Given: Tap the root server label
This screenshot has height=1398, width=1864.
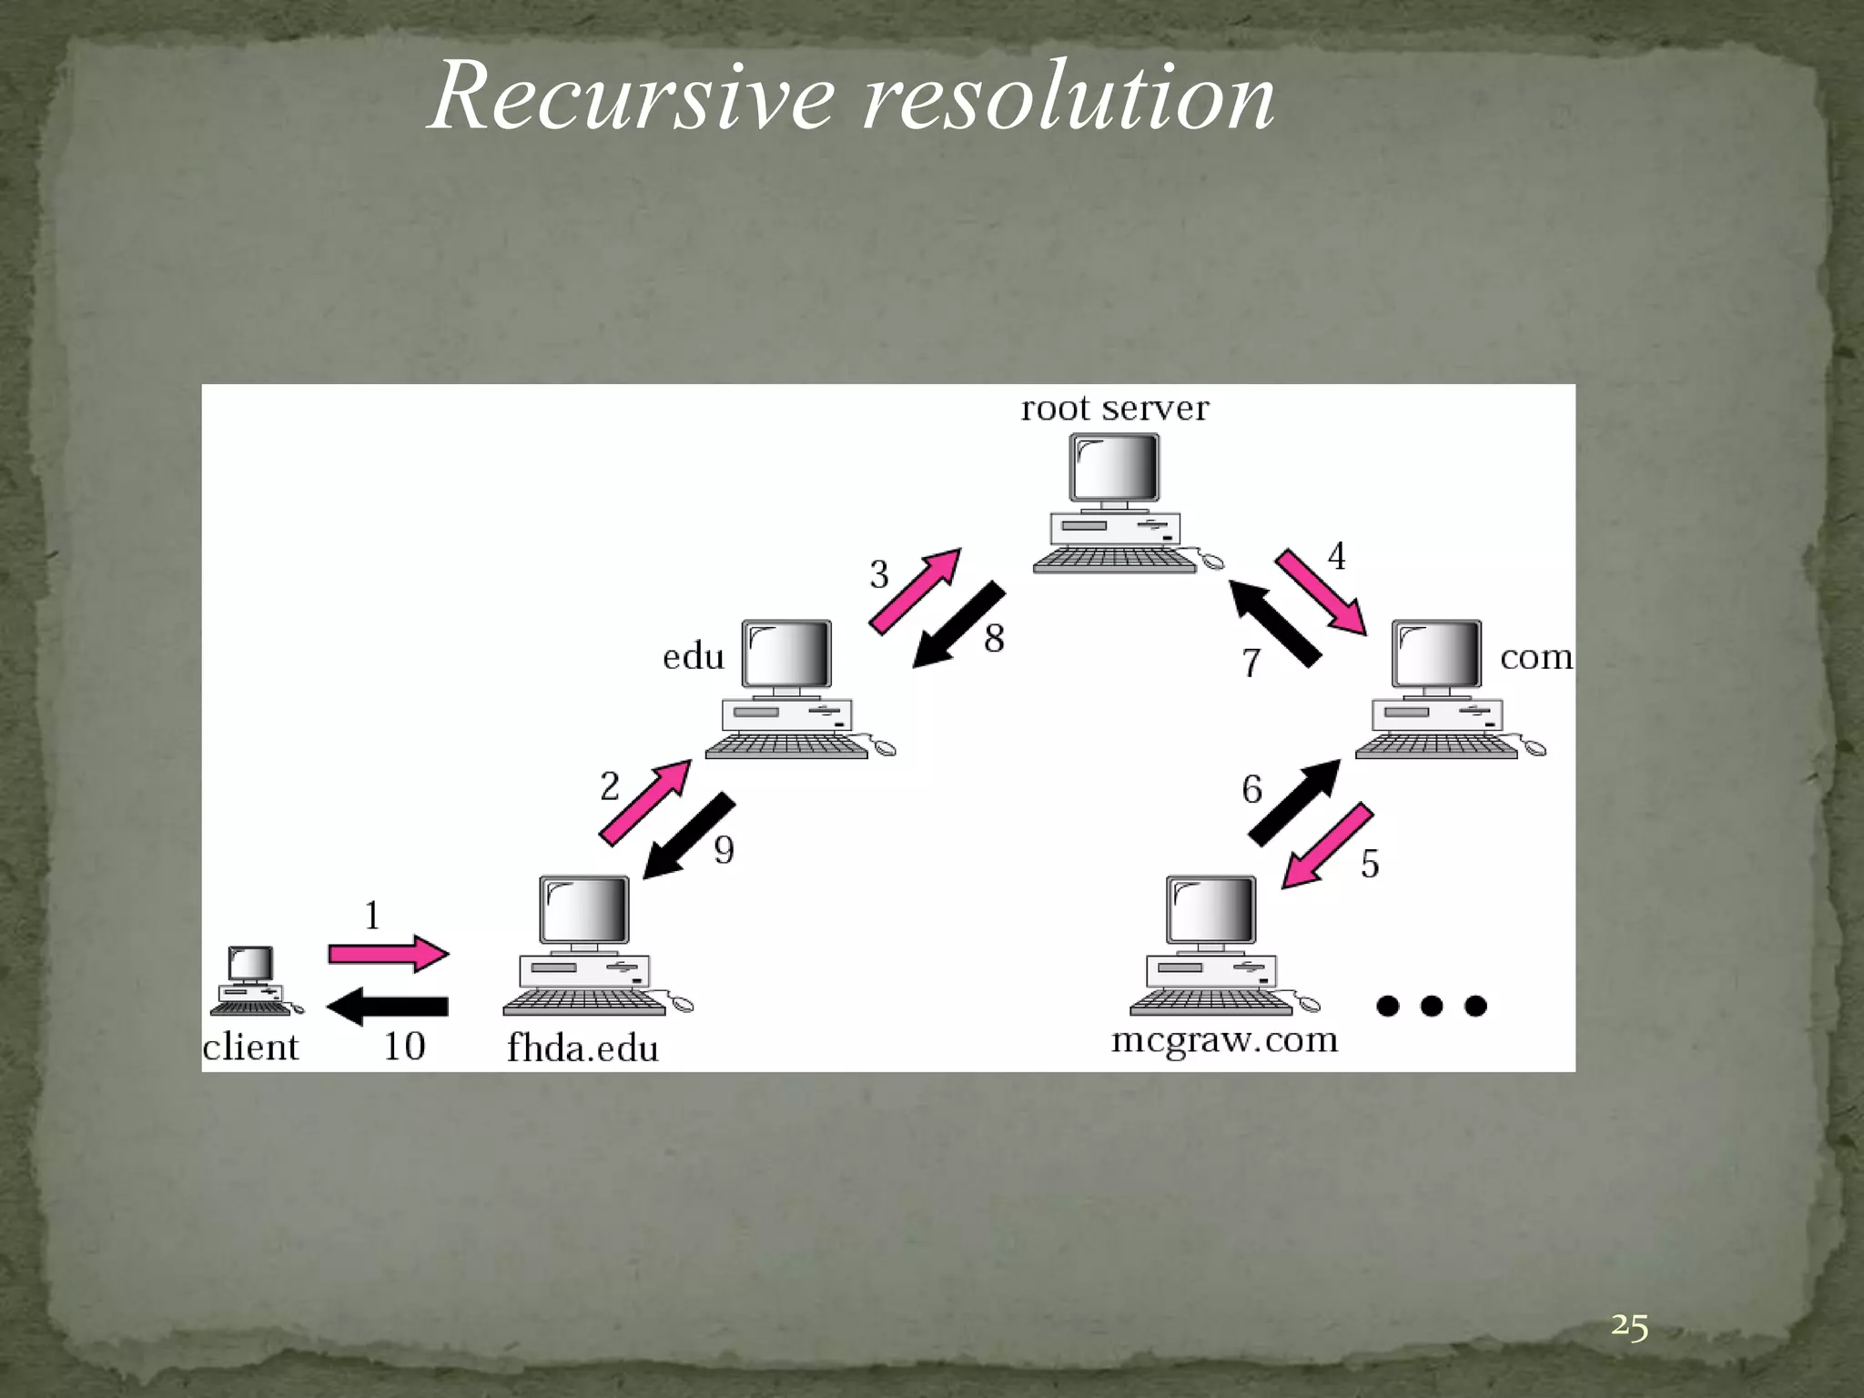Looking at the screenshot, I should tap(1115, 409).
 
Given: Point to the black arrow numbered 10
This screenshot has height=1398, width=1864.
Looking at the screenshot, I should tap(388, 1007).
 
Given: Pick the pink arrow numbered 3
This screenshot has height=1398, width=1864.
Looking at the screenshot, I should tap(915, 592).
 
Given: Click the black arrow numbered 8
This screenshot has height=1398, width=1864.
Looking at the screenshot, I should tap(959, 625).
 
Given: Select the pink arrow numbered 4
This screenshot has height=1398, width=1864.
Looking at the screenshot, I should tap(1321, 592).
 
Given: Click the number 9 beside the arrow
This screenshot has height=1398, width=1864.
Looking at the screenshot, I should tap(724, 850).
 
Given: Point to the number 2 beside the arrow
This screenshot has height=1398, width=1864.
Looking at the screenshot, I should tap(610, 786).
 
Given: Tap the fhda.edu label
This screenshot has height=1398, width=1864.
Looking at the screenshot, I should tap(582, 1048).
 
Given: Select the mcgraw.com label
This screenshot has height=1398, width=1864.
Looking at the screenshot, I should tap(1224, 1040).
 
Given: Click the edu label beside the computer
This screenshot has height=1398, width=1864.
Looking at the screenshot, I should tap(694, 657).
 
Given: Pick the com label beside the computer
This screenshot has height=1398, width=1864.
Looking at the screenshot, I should tap(1535, 657).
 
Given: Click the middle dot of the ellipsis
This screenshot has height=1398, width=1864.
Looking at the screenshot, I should tap(1432, 1006).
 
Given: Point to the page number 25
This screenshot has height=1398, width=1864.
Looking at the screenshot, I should tap(1629, 1327).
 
